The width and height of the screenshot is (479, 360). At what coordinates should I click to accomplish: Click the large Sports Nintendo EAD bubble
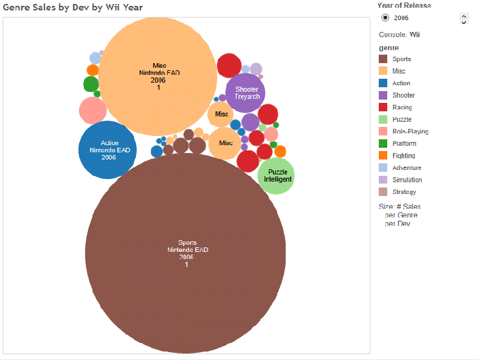(x=185, y=254)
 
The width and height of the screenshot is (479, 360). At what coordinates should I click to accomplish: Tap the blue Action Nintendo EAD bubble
(x=108, y=150)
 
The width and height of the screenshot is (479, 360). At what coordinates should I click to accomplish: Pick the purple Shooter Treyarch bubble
(x=246, y=93)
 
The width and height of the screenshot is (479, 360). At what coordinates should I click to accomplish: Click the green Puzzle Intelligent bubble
(x=277, y=176)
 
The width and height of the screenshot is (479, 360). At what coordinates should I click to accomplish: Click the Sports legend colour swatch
(x=383, y=59)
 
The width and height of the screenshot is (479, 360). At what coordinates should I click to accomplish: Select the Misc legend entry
(x=398, y=71)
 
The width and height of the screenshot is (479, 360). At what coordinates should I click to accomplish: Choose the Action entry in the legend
(x=401, y=83)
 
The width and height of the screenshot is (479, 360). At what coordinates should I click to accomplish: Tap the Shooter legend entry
(x=403, y=95)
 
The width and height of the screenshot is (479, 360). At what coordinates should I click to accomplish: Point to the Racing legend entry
(x=402, y=107)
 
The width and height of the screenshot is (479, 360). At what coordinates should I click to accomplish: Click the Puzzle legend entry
(x=402, y=119)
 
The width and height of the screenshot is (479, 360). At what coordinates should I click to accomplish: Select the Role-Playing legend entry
(x=410, y=132)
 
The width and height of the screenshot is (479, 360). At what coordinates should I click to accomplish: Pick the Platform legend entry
(x=404, y=143)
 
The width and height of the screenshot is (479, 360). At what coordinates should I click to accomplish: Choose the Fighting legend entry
(x=404, y=156)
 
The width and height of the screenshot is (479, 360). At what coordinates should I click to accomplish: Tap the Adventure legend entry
(x=407, y=167)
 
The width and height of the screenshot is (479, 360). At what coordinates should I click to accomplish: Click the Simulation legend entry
(x=407, y=180)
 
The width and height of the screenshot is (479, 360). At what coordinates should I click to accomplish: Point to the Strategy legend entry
(x=404, y=192)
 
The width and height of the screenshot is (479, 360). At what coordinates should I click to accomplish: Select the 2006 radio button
(x=386, y=18)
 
